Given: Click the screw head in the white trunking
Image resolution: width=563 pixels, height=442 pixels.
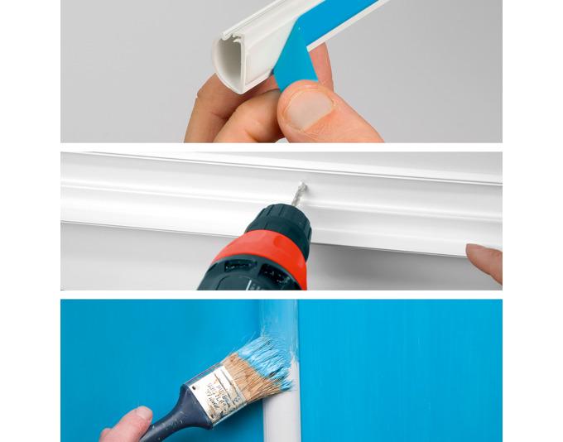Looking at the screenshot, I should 303,187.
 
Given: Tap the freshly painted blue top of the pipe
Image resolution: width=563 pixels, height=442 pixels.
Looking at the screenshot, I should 277,319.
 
